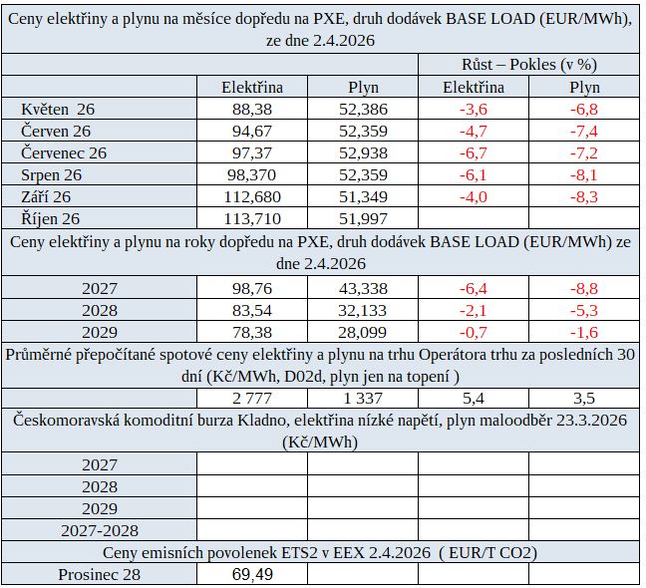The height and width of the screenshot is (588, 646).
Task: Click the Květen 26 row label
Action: pyautogui.click(x=58, y=109)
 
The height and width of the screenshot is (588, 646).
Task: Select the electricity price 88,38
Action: pyautogui.click(x=251, y=109)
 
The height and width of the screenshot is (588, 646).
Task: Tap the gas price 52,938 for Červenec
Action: pyautogui.click(x=364, y=152)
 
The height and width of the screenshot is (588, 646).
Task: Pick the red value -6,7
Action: pyautogui.click(x=473, y=152)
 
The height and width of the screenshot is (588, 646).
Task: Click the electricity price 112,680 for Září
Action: pyautogui.click(x=251, y=196)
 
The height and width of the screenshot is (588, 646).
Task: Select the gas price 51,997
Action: pyautogui.click(x=364, y=218)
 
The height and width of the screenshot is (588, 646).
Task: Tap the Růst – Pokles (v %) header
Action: pyautogui.click(x=527, y=65)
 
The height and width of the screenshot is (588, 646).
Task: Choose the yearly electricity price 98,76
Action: pyautogui.click(x=251, y=288)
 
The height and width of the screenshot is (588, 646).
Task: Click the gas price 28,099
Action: pyautogui.click(x=364, y=332)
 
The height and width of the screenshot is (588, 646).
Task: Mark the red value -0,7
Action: pyautogui.click(x=473, y=332)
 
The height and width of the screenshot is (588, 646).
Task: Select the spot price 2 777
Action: pyautogui.click(x=251, y=399)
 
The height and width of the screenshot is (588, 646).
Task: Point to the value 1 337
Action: pyautogui.click(x=364, y=399)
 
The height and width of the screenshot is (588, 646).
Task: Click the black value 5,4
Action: pyautogui.click(x=473, y=399)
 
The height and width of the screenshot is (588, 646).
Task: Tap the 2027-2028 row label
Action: pyautogui.click(x=100, y=530)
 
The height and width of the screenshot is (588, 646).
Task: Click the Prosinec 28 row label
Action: pyautogui.click(x=100, y=575)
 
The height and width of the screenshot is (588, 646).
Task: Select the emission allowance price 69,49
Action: pyautogui.click(x=251, y=575)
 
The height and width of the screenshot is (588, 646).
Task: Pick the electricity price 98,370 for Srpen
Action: pyautogui.click(x=251, y=174)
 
